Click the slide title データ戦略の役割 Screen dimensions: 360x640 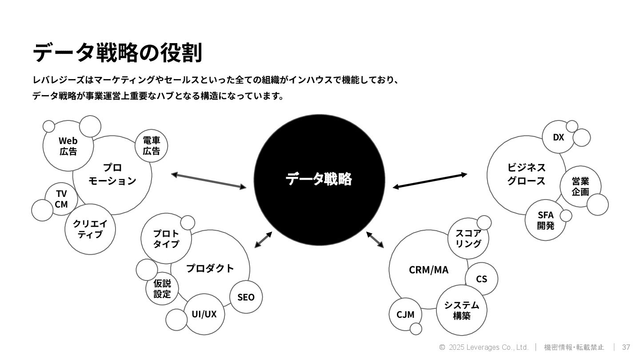point(117,52)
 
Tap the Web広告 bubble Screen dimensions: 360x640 point(68,146)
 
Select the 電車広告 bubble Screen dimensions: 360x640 point(151,146)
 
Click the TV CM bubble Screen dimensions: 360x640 point(61,199)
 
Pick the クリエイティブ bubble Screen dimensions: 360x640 point(90,229)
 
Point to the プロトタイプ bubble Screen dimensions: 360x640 point(166,239)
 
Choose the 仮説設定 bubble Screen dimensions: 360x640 point(162,288)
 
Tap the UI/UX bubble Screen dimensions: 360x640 point(204,314)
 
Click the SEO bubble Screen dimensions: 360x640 point(246,297)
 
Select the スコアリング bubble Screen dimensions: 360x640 point(468,238)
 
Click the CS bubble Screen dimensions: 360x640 point(481,279)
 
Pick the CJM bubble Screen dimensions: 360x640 point(405,314)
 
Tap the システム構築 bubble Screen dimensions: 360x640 point(462,310)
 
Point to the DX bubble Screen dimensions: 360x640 point(558,137)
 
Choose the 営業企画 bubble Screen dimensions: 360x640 point(580,186)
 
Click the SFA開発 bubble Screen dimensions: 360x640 point(545,220)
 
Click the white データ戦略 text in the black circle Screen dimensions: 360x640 point(319,179)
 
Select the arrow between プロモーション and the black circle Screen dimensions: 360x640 point(208,181)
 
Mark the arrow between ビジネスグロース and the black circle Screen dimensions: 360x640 point(430,181)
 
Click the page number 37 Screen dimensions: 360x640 point(626,347)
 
